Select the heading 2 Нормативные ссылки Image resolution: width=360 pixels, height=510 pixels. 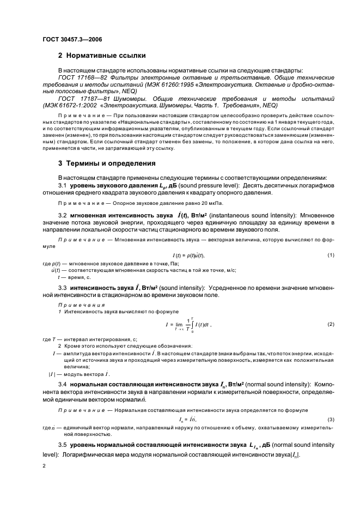point(102,56)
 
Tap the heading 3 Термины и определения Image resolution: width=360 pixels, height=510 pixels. point(106,163)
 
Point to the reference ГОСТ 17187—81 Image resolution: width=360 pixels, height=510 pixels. point(81,99)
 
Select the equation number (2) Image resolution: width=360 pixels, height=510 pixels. point(331,324)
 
